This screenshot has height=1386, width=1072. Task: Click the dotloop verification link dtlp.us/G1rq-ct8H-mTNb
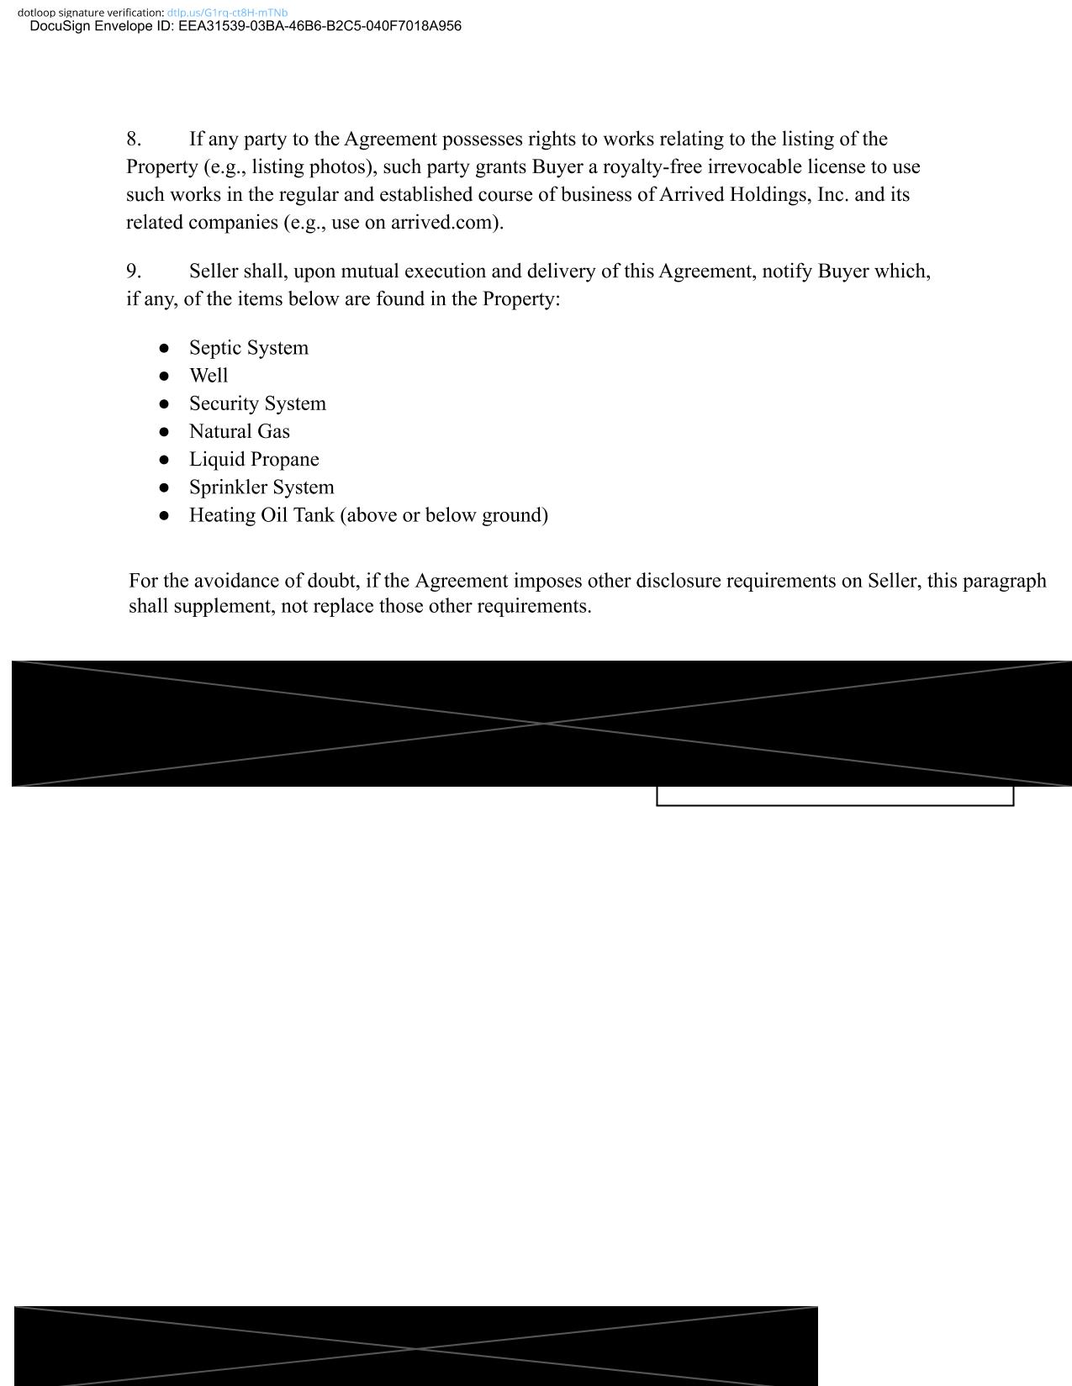[x=227, y=13]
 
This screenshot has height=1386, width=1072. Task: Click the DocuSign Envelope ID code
[x=319, y=26]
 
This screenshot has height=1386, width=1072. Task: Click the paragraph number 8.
[x=134, y=139]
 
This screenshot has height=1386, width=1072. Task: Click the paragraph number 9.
[x=134, y=271]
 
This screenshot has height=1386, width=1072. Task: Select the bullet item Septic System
[x=248, y=348]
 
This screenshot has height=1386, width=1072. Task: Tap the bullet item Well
[x=209, y=376]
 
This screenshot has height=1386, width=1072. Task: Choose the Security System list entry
[x=257, y=403]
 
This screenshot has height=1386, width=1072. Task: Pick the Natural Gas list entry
[x=239, y=431]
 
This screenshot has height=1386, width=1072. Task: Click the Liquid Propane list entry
[x=254, y=459]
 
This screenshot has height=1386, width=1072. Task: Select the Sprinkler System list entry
[x=261, y=487]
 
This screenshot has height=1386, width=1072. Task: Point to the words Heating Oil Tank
[x=261, y=515]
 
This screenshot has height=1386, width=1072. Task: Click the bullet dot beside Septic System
[x=164, y=348]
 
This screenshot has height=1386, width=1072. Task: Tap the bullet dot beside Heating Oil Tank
[x=164, y=515]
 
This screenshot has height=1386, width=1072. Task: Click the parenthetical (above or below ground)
[x=444, y=515]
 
